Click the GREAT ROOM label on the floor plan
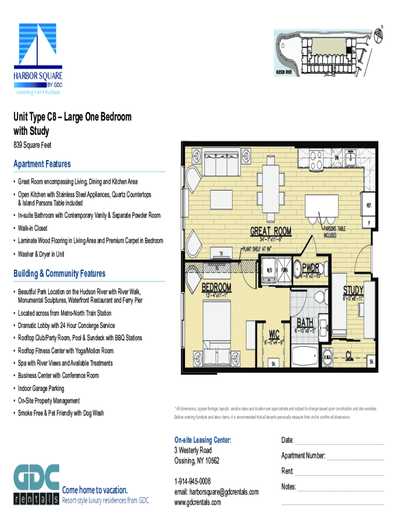pos(271,231)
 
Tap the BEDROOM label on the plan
pos(216,287)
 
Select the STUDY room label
pos(354,290)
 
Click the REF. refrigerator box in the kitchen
pos(369,205)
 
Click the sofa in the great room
pos(221,165)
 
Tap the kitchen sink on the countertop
pos(352,155)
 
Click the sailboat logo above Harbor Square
pos(37,46)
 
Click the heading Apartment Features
pos(42,164)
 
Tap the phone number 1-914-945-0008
pos(192,481)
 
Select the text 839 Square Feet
pos(32,146)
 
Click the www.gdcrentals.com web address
pos(197,502)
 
